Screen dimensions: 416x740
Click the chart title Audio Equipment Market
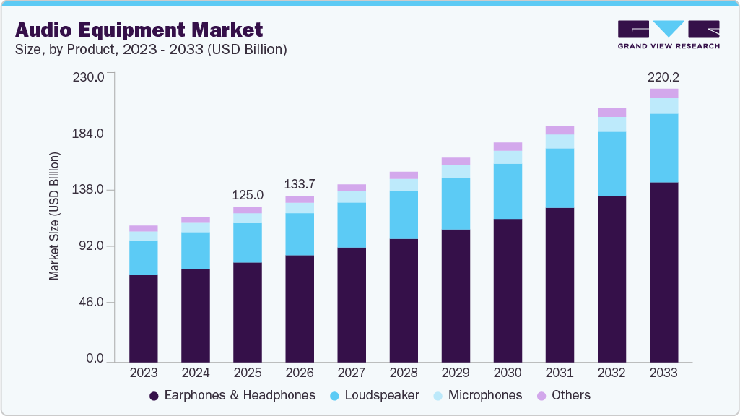click(x=139, y=30)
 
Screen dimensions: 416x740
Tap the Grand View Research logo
click(x=669, y=34)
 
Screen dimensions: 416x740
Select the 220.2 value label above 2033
click(x=663, y=77)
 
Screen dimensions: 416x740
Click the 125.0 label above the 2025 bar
click(x=248, y=195)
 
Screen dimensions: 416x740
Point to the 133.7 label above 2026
click(x=300, y=184)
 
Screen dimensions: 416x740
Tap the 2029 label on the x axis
click(x=456, y=373)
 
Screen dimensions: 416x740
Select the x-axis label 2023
click(x=144, y=373)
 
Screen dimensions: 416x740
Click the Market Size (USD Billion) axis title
click(x=54, y=217)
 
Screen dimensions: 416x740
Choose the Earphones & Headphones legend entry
click(x=232, y=395)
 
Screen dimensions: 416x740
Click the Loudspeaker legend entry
click(x=376, y=395)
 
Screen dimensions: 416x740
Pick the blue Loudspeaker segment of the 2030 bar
click(x=508, y=191)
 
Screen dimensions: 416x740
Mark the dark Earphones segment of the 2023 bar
click(x=144, y=318)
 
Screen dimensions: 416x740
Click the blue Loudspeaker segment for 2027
click(x=352, y=225)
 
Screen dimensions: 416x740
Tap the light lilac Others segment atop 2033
click(x=663, y=93)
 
